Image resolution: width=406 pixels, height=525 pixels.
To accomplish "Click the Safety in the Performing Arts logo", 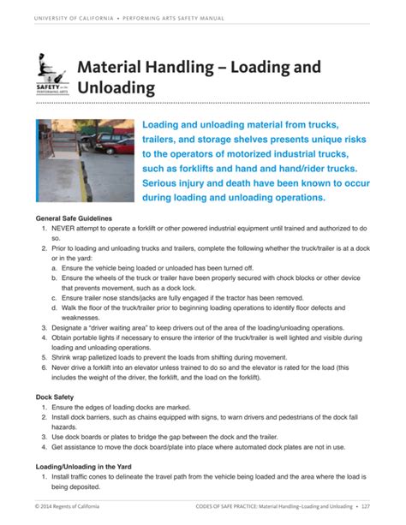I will click(53, 76).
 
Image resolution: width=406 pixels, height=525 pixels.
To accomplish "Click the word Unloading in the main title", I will click(116, 88).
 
